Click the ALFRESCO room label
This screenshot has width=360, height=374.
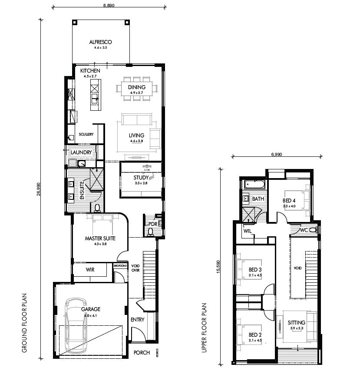tap(100, 42)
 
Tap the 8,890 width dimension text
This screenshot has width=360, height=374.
tap(109, 5)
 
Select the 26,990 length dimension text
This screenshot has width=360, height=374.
tap(39, 189)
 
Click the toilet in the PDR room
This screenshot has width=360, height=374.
tap(150, 232)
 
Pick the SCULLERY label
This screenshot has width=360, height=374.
tap(86, 134)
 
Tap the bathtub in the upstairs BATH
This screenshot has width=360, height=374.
tap(254, 185)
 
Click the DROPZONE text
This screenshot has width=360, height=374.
tap(120, 266)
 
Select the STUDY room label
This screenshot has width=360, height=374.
tap(141, 178)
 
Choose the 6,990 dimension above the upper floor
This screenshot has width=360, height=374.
tap(277, 154)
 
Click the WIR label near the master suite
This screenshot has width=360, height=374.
tap(90, 269)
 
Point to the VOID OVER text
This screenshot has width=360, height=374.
tap(135, 268)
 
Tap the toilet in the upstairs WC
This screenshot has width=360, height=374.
tap(313, 230)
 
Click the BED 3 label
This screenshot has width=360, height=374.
tap(255, 269)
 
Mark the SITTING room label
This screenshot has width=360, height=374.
tap(296, 323)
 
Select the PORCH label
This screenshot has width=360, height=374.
tap(142, 353)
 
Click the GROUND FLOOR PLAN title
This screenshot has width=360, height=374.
tap(24, 323)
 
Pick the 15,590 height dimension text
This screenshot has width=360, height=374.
tap(218, 267)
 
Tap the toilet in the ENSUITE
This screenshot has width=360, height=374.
tap(97, 208)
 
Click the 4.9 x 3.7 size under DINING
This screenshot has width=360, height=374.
tap(137, 93)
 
